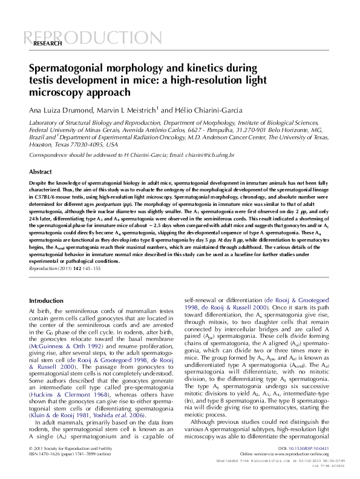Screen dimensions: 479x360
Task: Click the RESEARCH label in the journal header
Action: (x=47, y=44)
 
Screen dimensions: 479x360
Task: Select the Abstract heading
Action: (x=41, y=172)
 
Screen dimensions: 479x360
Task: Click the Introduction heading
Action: (x=46, y=300)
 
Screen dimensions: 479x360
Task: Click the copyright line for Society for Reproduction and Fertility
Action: (x=70, y=448)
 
